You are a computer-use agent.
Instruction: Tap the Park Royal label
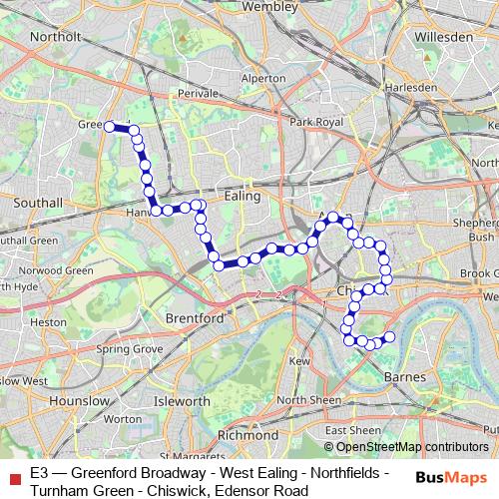coord(315,122)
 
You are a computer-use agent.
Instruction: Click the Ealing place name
coord(243,197)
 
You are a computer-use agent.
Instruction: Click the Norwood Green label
coord(59,270)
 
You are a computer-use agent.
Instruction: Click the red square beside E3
coord(13,477)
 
